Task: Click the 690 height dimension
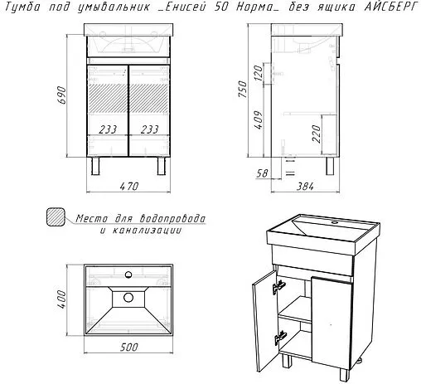[62, 95]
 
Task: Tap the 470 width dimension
[128, 186]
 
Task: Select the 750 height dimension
[243, 89]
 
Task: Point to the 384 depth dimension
[305, 187]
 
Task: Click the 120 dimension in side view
[259, 73]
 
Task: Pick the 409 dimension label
[259, 119]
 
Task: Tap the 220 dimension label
[317, 134]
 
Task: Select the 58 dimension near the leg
[262, 173]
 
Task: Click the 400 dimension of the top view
[61, 299]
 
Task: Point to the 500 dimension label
[128, 347]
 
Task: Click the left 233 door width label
[108, 129]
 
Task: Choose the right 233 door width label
[149, 129]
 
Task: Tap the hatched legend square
[56, 217]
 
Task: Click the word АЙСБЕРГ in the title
[390, 7]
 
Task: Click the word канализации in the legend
[147, 231]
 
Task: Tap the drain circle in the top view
[128, 298]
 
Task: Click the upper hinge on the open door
[279, 287]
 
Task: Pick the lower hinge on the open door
[280, 338]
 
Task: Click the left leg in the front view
[95, 166]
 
